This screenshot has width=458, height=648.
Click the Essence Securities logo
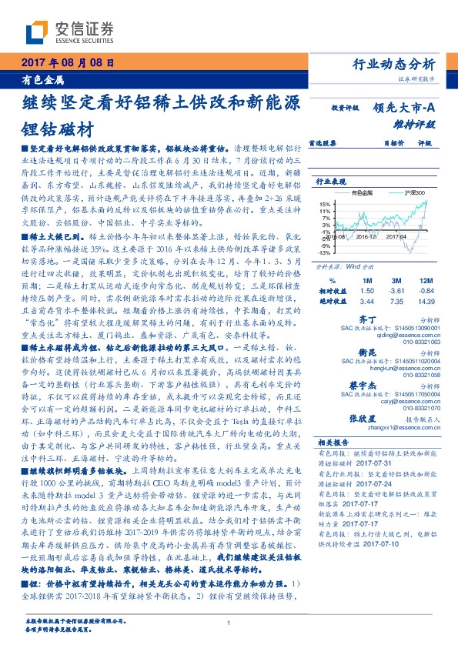(x=69, y=32)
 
